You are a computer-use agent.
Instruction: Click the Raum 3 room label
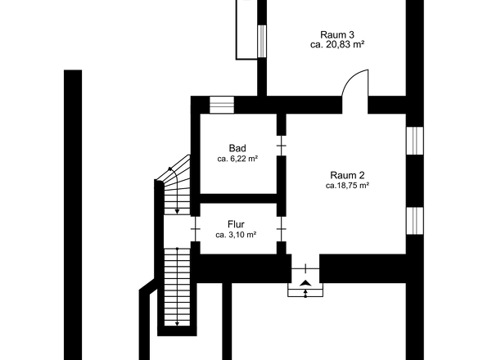point(336,34)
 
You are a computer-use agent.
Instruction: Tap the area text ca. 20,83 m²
point(336,46)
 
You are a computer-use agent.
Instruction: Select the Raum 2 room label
point(347,174)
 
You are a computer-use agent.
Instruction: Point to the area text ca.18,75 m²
point(347,186)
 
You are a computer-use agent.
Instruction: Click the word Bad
point(237,147)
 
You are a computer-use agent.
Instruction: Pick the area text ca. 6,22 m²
point(237,159)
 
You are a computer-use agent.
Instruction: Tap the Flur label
point(236,223)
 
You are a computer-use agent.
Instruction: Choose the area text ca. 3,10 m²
point(236,234)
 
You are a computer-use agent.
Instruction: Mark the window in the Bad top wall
point(221,104)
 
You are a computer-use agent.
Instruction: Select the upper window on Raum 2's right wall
point(414,141)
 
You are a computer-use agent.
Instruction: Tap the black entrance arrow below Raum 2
point(305,283)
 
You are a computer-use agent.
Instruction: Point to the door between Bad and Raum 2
point(281,146)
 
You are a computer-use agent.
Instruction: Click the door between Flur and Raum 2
point(281,229)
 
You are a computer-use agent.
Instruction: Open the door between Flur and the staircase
point(195,229)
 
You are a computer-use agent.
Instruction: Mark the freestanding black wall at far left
point(73,213)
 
